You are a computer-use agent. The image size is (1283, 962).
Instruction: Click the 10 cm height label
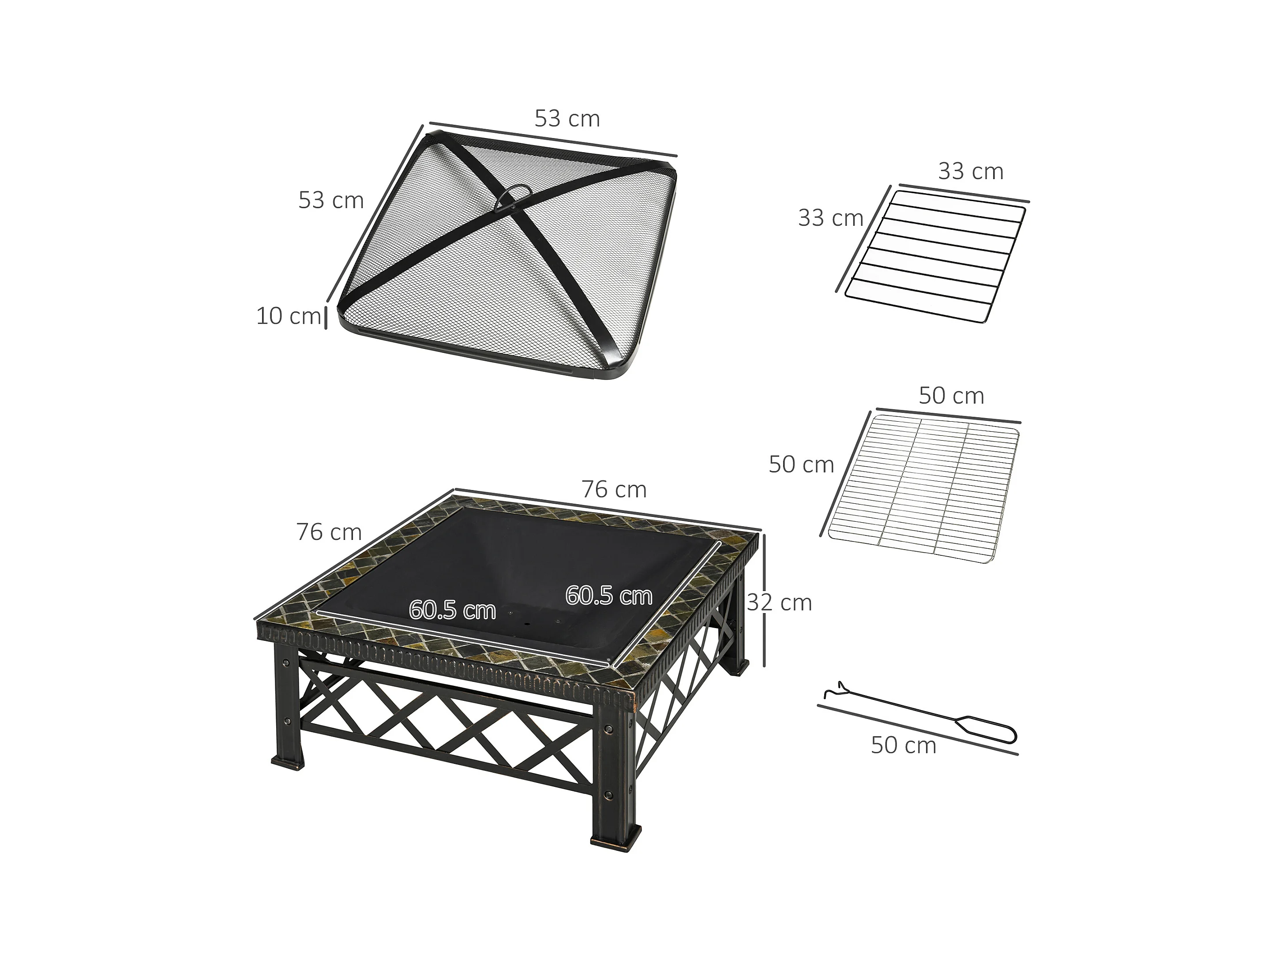pos(288,316)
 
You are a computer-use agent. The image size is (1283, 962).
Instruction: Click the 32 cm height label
pos(779,603)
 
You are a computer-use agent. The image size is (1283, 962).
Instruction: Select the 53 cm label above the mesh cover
pos(566,119)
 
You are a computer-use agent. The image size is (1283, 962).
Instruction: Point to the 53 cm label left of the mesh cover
pos(330,200)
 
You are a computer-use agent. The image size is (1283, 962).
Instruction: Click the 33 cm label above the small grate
pos(970,172)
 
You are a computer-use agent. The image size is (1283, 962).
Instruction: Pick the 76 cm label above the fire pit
pos(614,490)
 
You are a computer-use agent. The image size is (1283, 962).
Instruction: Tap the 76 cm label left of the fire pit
pos(329,532)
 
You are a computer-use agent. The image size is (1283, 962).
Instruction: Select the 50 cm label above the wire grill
pos(951,396)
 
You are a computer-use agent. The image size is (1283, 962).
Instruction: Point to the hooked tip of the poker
pos(831,690)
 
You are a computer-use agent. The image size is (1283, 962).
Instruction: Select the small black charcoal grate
pos(935,257)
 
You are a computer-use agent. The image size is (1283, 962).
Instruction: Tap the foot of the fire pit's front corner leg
pos(616,838)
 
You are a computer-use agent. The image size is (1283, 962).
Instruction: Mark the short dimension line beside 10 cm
pos(326,318)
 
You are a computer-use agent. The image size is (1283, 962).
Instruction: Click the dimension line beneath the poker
pos(918,730)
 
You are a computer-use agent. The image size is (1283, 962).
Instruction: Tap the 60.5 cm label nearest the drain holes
pos(452,610)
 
